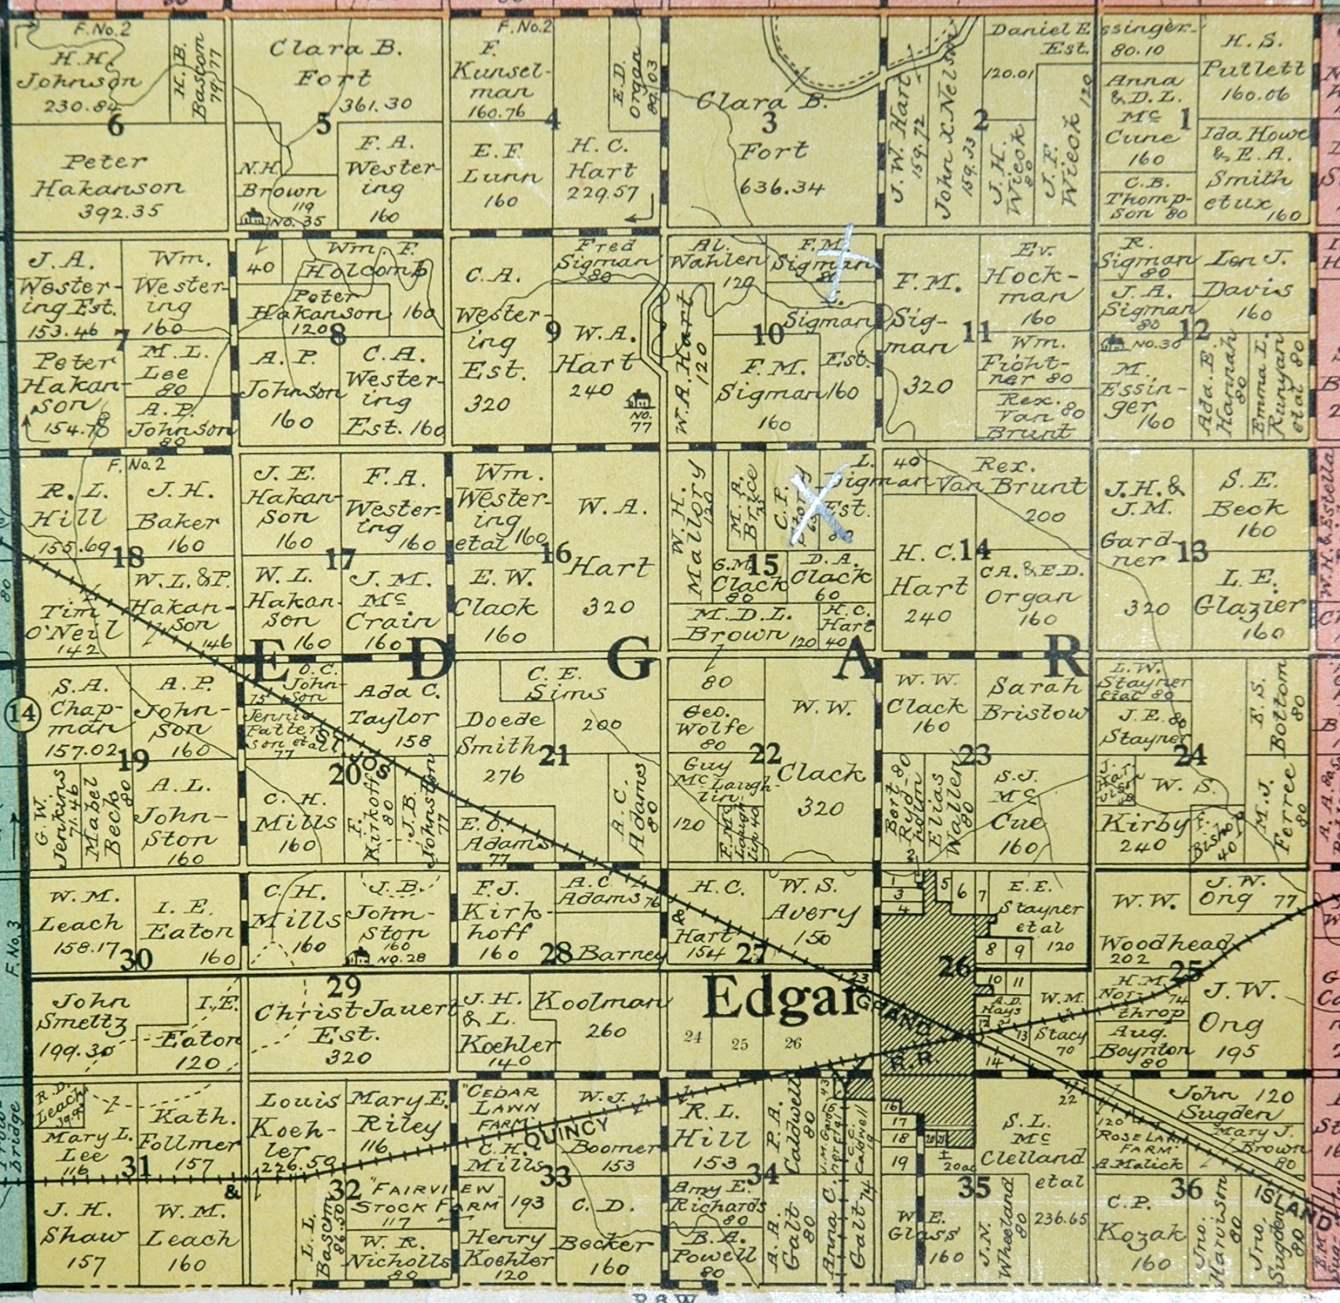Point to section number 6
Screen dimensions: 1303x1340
pos(116,126)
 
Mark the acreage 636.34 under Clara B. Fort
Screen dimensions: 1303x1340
pos(781,186)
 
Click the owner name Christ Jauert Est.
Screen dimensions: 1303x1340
pos(352,1022)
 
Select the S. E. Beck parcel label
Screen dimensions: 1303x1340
pos(1250,496)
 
